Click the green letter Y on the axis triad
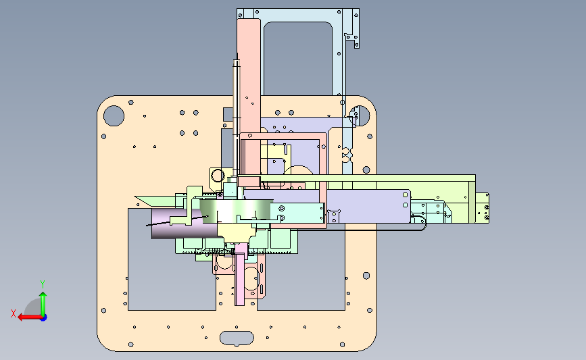[43, 284]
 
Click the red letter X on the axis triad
[14, 313]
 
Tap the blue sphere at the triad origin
[43, 317]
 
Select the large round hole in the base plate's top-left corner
[114, 115]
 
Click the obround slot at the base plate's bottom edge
[237, 338]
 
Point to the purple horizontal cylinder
[176, 224]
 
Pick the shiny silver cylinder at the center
[235, 211]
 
